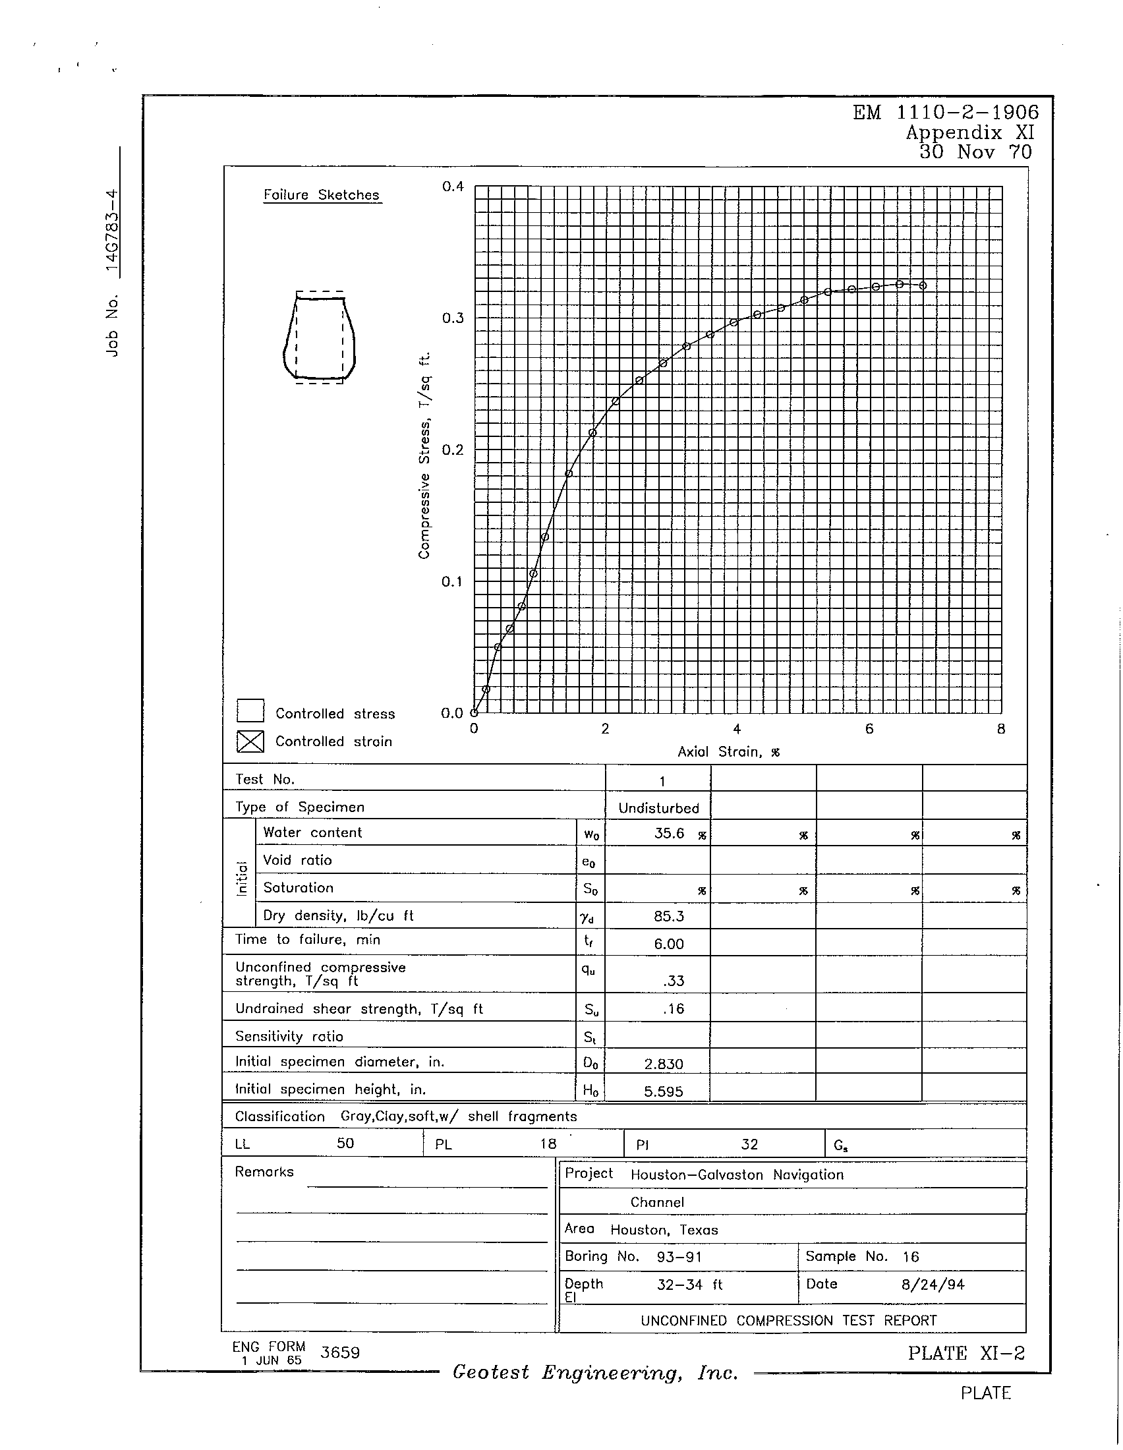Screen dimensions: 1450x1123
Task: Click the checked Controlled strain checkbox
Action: click(x=250, y=741)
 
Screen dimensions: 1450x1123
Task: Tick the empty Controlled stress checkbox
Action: click(x=250, y=711)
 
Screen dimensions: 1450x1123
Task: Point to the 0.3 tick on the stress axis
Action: click(x=453, y=318)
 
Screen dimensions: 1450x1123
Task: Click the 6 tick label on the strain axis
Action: click(x=869, y=730)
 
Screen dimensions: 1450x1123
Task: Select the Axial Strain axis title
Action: click(x=728, y=752)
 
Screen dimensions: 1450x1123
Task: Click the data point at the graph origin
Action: click(x=474, y=713)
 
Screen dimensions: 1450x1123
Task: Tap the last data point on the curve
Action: click(x=923, y=285)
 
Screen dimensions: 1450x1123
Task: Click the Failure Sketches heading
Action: click(x=321, y=195)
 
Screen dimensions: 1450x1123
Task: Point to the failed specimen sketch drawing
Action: click(x=319, y=337)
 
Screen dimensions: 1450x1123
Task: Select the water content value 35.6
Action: click(x=668, y=833)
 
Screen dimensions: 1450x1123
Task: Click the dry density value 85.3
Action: click(x=668, y=916)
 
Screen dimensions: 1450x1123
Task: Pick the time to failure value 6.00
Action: click(x=668, y=944)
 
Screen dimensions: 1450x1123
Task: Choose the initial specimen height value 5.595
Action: click(x=664, y=1091)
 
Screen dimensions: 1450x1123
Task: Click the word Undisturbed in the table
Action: click(x=658, y=808)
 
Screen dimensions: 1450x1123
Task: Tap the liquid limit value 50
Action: click(x=345, y=1144)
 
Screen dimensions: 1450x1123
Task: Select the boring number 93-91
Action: click(x=679, y=1257)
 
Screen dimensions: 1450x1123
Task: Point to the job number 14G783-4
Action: click(x=113, y=232)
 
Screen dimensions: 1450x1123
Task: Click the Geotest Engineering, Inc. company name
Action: click(x=595, y=1372)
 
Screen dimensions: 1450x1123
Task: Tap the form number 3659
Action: click(x=340, y=1352)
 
